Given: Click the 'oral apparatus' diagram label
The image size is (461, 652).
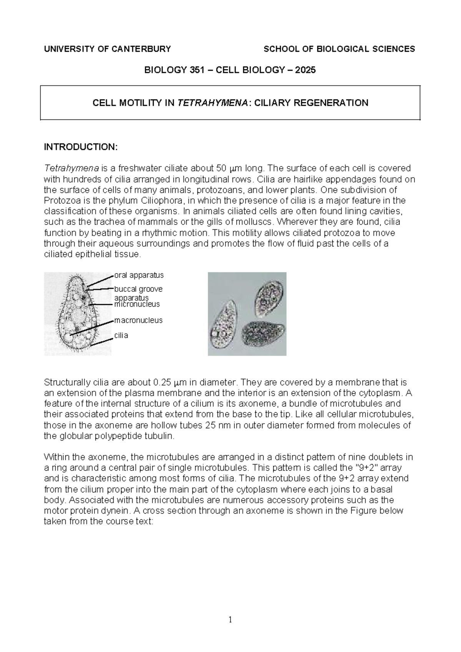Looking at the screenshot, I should point(139,275).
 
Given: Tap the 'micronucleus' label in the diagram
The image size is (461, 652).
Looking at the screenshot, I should point(137,304).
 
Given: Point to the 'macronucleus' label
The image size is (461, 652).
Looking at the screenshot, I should point(138,320).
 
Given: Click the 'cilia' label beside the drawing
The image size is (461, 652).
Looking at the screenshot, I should point(121,335).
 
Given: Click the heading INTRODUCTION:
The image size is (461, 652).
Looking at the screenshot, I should point(80,147).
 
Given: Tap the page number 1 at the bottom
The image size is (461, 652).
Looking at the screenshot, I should point(230,619).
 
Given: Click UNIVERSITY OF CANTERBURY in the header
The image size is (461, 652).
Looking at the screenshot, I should point(108,49).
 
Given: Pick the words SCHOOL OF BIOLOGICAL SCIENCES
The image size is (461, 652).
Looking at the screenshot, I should point(339,49).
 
